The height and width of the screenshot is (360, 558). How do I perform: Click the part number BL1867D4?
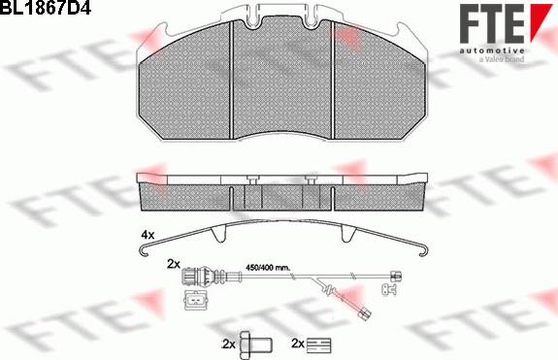[46, 7]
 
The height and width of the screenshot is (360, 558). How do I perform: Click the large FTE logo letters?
[492, 24]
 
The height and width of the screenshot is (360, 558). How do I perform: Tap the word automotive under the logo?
[492, 50]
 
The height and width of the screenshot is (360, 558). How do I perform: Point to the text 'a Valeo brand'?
[502, 59]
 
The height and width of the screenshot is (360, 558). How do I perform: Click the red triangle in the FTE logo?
[540, 21]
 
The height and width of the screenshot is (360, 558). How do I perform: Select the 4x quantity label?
[148, 235]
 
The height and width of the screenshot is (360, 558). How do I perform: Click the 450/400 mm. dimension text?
[268, 268]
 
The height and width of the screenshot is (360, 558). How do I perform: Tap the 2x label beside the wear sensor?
[174, 264]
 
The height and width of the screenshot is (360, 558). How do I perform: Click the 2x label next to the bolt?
[228, 344]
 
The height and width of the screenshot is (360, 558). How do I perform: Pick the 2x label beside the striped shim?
[298, 344]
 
